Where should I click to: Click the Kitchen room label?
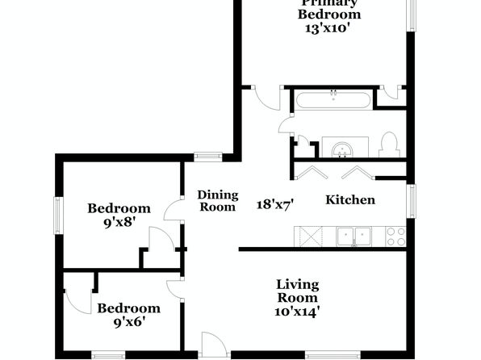click(x=350, y=200)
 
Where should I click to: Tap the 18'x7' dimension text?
click(x=275, y=204)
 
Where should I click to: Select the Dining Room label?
click(x=218, y=201)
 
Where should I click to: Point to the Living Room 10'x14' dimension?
click(x=297, y=312)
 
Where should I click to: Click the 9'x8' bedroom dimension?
click(x=119, y=223)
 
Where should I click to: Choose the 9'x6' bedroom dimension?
click(x=129, y=322)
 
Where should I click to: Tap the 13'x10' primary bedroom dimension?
click(x=328, y=28)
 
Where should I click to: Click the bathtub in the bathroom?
click(x=333, y=100)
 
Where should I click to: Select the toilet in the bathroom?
click(x=389, y=144)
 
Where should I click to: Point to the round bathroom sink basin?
click(x=342, y=149)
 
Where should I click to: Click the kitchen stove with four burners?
click(x=395, y=237)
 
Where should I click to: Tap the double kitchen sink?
click(x=354, y=237)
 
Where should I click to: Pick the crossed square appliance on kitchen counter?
click(x=308, y=237)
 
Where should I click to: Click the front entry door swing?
click(x=215, y=344)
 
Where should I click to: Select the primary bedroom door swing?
click(x=267, y=98)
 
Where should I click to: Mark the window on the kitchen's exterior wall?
click(x=411, y=201)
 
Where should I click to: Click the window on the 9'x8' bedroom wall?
click(x=59, y=216)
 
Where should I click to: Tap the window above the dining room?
click(x=208, y=157)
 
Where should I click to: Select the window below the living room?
click(x=333, y=355)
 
